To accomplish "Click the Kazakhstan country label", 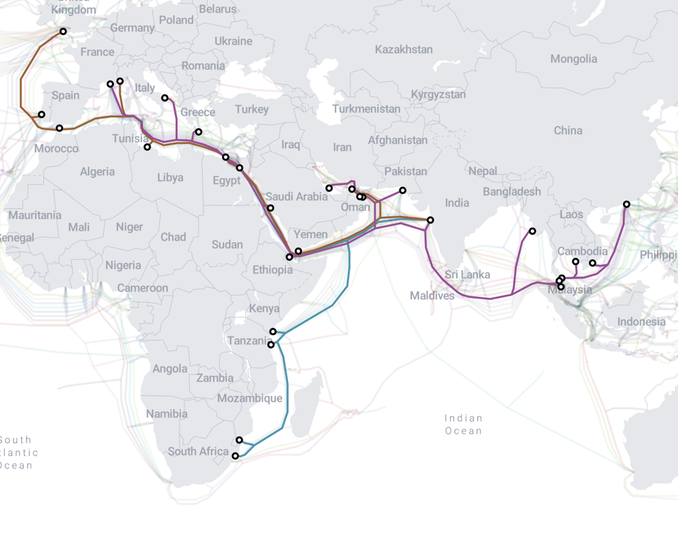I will (x=403, y=50).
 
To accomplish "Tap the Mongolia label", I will (x=574, y=59).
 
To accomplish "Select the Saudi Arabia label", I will (x=296, y=197).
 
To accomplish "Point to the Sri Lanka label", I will (x=467, y=275).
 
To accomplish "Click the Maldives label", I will (x=432, y=296).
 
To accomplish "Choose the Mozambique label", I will (x=250, y=398).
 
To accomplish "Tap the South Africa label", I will (x=199, y=451).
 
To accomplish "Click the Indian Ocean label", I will (x=464, y=424).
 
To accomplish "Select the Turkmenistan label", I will (x=366, y=109).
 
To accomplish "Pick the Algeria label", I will (x=97, y=172).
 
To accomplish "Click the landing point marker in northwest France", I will (x=63, y=31).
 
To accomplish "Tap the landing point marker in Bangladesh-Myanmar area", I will (x=532, y=231).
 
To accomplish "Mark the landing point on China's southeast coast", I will (x=626, y=204).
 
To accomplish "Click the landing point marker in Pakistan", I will (x=403, y=191).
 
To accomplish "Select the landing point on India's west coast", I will (x=430, y=220).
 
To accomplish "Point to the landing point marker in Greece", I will (x=198, y=132).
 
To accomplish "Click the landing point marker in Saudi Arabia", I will (x=271, y=208).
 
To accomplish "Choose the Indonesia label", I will (x=641, y=321).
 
